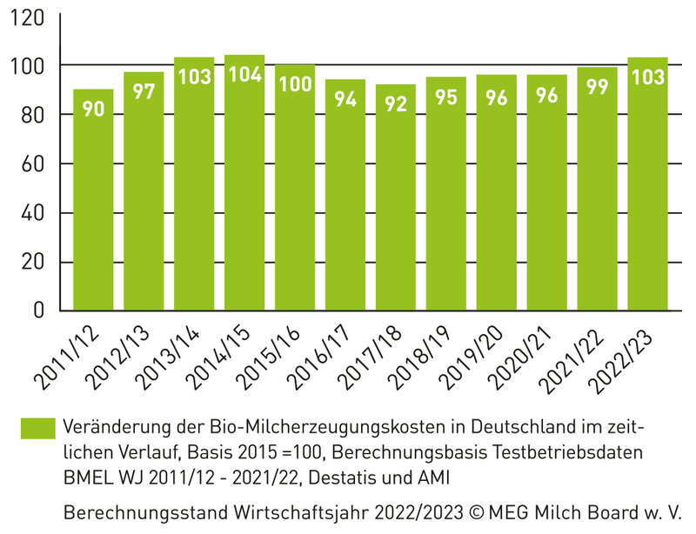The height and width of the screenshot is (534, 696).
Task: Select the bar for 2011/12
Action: (x=93, y=200)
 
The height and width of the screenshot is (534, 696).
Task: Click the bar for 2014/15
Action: (x=244, y=183)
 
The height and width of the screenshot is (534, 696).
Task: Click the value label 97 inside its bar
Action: (x=144, y=92)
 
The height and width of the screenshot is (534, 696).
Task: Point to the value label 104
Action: (x=244, y=75)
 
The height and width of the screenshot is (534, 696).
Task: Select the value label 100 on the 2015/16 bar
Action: (x=295, y=85)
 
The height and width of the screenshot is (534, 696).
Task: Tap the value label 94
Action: (x=345, y=99)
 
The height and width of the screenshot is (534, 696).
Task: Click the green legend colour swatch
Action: (x=37, y=429)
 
